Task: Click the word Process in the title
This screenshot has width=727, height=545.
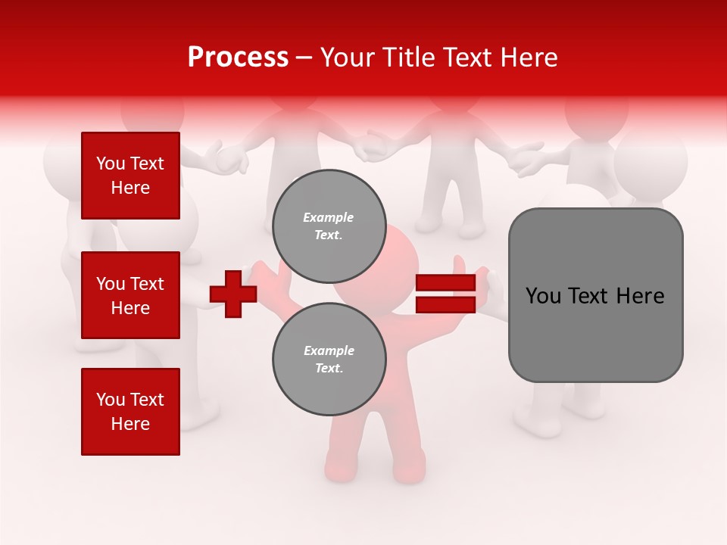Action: point(238,58)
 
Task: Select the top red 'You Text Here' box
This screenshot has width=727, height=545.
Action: point(130,176)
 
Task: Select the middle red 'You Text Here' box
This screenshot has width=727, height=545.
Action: point(130,295)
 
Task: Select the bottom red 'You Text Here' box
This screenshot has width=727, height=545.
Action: point(130,411)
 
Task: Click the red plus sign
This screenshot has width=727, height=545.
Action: point(233,294)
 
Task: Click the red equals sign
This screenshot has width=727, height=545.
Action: point(445,294)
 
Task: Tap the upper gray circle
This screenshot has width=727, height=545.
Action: point(329,226)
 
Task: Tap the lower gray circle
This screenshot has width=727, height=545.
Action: point(329,359)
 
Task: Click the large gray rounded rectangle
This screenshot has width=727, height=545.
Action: point(595,295)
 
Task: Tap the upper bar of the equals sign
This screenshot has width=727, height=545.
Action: point(445,283)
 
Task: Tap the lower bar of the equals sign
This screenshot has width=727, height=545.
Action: point(445,304)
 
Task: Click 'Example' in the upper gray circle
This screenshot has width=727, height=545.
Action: point(329,217)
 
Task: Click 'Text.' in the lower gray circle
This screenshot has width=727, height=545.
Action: point(329,369)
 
